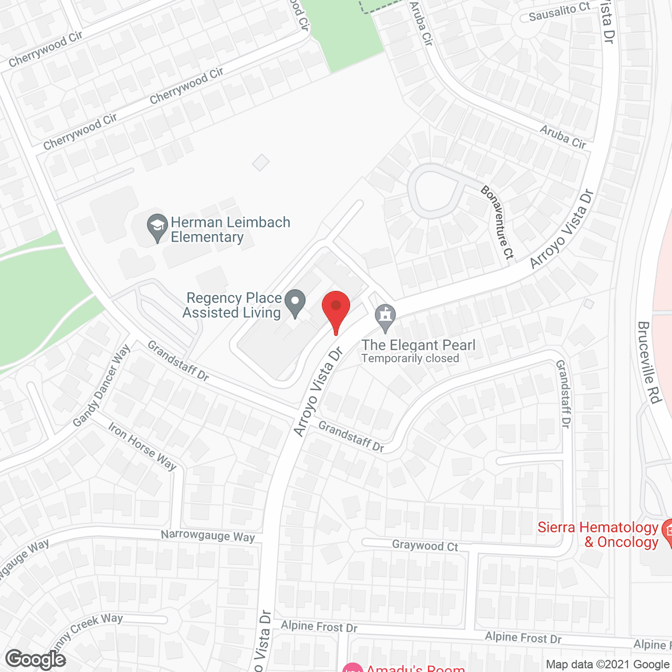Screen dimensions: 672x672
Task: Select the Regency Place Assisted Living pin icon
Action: tap(295, 303)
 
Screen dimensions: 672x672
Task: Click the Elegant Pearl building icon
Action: tap(386, 318)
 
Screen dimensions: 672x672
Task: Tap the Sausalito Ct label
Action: tap(559, 12)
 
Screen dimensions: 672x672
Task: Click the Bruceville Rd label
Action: tap(648, 362)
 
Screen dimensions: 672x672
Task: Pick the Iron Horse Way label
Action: tap(142, 446)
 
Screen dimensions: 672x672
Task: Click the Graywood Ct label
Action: tap(425, 545)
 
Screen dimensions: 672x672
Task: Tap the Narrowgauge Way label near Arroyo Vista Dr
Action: tap(207, 535)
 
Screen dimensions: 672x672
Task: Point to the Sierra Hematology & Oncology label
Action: tap(598, 534)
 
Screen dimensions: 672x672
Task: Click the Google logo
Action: tap(35, 659)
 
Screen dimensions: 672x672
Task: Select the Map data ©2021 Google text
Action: tap(608, 665)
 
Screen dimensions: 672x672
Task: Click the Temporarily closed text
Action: tap(410, 359)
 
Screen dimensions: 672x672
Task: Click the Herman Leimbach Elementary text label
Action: tap(230, 229)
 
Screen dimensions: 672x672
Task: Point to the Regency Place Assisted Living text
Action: tap(233, 305)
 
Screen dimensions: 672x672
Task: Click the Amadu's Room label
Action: tap(415, 668)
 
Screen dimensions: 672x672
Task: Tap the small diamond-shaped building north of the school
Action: tap(260, 162)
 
